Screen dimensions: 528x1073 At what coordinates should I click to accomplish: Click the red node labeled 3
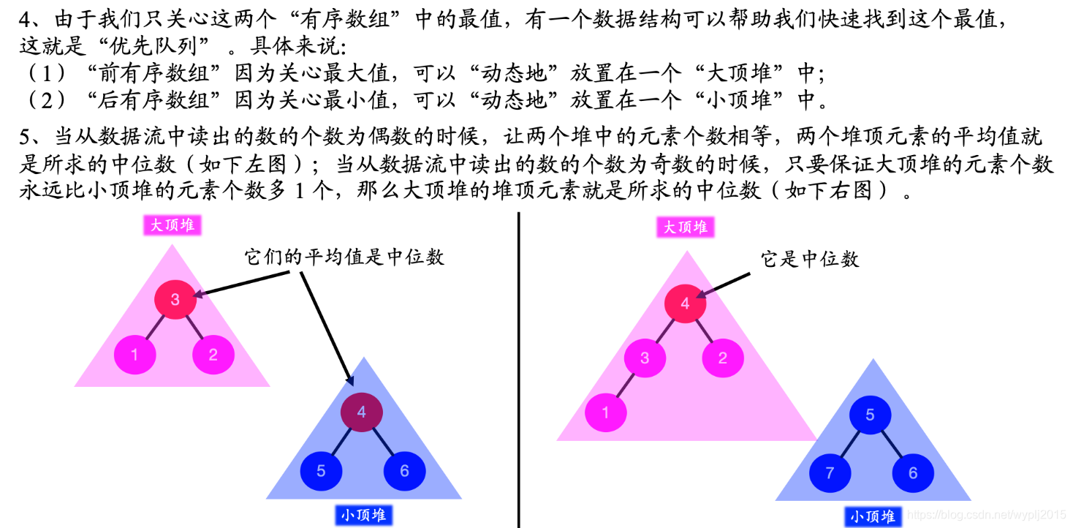(175, 298)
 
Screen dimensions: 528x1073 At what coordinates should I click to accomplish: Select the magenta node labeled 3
(645, 358)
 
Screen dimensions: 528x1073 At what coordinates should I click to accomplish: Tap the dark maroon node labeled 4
(361, 412)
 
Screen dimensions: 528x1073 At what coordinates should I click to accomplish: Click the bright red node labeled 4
(685, 303)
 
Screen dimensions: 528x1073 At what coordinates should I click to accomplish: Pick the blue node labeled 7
(829, 473)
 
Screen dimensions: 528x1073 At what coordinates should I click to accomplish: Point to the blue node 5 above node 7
(870, 415)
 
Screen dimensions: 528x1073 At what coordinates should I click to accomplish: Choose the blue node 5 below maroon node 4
(321, 471)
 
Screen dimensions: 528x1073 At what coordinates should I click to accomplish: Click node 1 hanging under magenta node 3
(605, 413)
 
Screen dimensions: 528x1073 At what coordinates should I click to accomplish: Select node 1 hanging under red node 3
(134, 355)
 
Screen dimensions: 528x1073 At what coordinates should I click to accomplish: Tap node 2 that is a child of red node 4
(723, 358)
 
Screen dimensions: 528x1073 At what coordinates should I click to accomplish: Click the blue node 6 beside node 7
(912, 473)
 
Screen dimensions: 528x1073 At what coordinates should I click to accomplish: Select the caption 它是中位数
(810, 259)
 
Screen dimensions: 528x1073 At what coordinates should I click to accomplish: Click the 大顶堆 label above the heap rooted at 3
(172, 225)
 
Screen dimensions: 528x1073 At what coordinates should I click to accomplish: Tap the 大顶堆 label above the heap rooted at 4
(685, 227)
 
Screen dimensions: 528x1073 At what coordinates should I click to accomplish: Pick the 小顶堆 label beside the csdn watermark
(873, 517)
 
